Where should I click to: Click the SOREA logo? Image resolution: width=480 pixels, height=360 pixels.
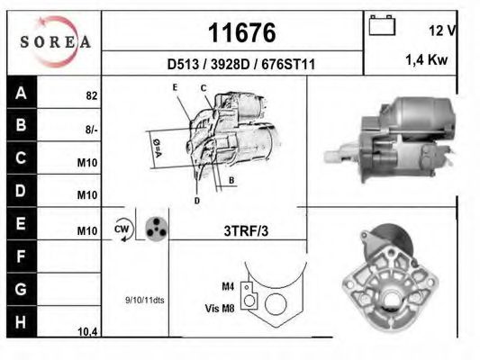click(53, 40)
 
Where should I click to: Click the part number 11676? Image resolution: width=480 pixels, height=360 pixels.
click(241, 33)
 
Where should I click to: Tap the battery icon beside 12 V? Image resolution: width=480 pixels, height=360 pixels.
click(382, 26)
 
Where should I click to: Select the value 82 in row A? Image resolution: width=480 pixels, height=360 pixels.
click(91, 94)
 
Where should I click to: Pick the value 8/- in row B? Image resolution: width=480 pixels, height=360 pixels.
click(91, 129)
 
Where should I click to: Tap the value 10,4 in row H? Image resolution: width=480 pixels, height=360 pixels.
click(87, 332)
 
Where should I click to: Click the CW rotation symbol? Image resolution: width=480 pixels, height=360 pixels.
click(122, 229)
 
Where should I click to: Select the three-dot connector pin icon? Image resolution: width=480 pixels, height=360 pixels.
click(155, 229)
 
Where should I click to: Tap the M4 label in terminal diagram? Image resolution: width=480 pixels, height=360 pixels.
click(227, 286)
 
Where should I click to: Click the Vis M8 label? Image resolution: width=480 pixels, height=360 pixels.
click(221, 308)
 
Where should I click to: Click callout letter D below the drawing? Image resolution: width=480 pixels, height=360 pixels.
click(195, 201)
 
